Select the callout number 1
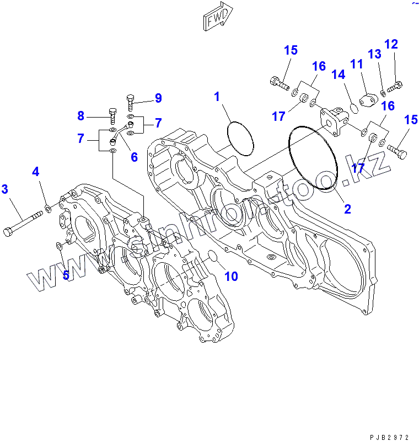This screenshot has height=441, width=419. click(x=217, y=97)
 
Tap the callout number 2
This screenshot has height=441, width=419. click(x=348, y=209)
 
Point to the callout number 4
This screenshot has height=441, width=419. click(x=36, y=172)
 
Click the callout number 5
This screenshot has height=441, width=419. click(x=66, y=274)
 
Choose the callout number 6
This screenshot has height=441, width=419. click(x=134, y=157)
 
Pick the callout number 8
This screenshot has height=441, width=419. click(x=81, y=116)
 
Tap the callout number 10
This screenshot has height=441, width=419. click(x=231, y=275)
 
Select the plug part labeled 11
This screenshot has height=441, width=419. click(x=367, y=100)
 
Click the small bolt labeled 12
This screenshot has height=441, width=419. click(x=395, y=86)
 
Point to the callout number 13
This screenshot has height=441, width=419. click(x=375, y=54)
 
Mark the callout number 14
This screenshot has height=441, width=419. click(x=338, y=74)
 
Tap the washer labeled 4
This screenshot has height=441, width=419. click(x=48, y=209)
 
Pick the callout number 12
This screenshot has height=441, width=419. click(x=391, y=44)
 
